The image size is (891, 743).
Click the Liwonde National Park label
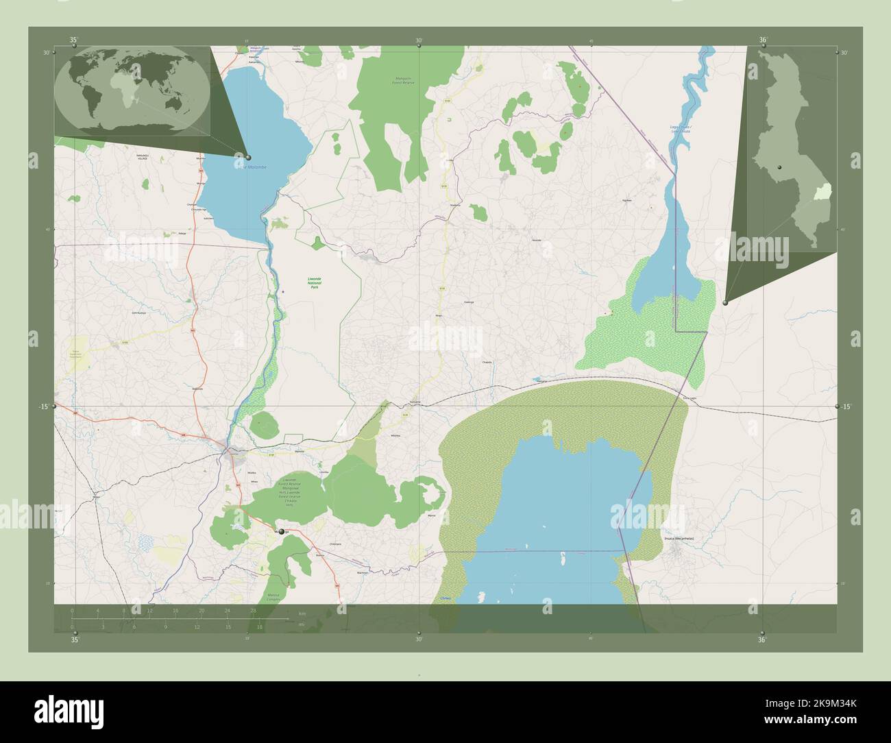click(315, 282)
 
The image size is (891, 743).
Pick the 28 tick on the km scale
click(253, 610)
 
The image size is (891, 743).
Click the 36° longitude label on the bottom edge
click(761, 640)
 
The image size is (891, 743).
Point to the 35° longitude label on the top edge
click(73, 40)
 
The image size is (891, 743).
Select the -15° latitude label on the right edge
click(846, 406)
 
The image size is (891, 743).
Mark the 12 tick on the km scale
click(149, 610)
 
